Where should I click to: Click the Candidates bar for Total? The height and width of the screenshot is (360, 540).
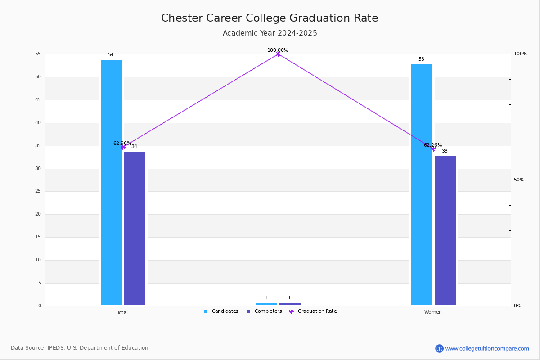coord(112,183)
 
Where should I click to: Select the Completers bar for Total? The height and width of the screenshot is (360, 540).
coord(135,228)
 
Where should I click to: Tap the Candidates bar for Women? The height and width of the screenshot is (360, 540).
coord(422,184)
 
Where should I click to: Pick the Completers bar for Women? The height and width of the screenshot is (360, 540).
coord(445,230)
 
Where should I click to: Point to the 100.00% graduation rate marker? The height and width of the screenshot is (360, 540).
coord(278,54)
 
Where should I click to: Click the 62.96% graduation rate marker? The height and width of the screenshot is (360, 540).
coord(123,147)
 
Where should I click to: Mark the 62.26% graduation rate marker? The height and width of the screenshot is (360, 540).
coord(433,149)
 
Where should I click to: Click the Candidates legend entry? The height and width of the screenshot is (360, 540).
coord(221,311)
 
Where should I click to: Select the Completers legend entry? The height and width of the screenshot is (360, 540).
coord(264,311)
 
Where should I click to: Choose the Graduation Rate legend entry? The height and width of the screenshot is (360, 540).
coord(313,311)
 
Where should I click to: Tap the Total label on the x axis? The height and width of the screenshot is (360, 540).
coord(122,312)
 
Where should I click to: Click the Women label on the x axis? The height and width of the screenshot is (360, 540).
coord(433,312)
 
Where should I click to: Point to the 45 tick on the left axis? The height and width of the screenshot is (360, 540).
coord(38,99)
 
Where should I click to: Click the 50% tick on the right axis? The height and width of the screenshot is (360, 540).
coord(519,180)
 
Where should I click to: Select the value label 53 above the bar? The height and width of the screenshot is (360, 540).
coord(421,59)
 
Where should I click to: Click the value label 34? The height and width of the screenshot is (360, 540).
coord(134,146)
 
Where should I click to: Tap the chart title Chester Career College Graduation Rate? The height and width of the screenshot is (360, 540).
coord(270,18)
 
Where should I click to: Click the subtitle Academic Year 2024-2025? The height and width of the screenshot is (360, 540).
coord(270,33)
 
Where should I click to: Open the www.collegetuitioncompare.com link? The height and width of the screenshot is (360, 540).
coord(487,348)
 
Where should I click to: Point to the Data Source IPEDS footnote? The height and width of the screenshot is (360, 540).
coord(80,348)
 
